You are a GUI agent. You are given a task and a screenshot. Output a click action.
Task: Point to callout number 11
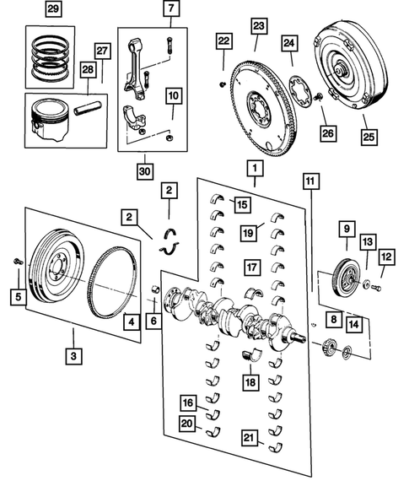click(x=312, y=181)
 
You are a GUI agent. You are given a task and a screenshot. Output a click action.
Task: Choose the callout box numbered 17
click(x=250, y=267)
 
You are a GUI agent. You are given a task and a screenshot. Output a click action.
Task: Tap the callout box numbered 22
click(x=223, y=41)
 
